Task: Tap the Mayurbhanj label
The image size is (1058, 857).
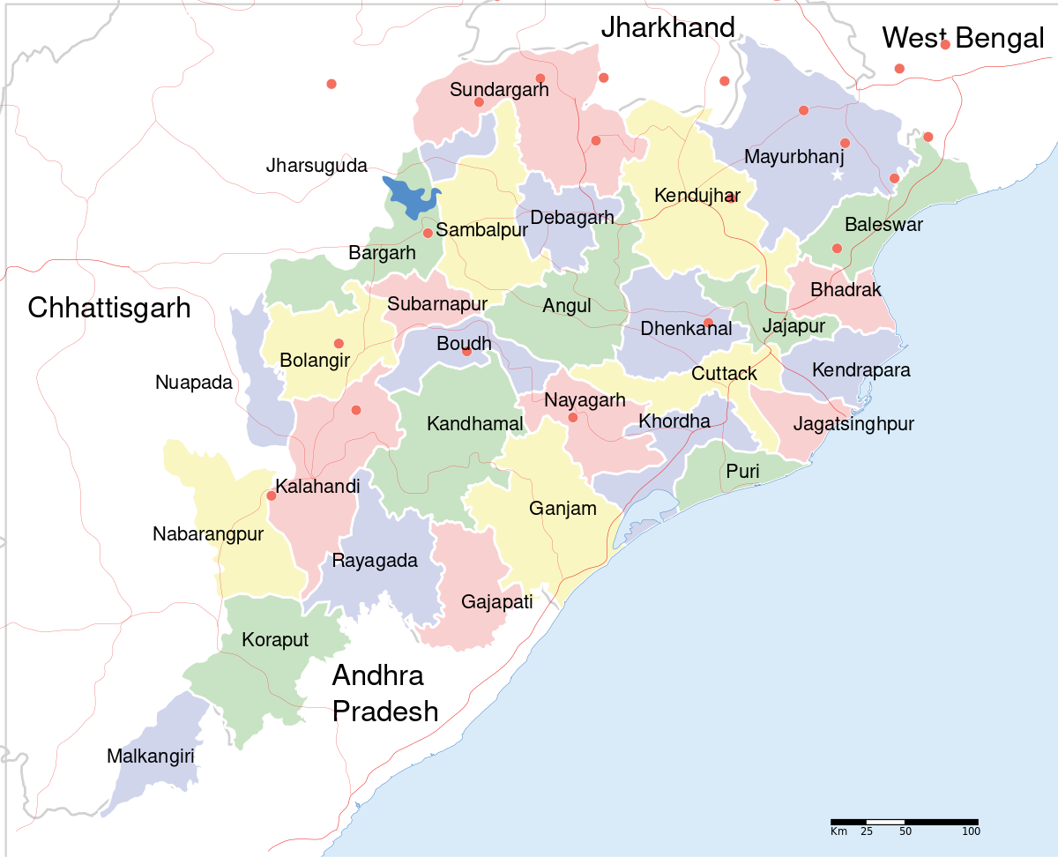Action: [x=794, y=157]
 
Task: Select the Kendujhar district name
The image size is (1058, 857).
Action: [x=697, y=196]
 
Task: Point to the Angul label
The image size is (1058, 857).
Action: [x=567, y=306]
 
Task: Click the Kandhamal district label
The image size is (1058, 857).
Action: [x=474, y=424]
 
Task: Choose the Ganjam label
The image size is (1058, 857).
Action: [x=563, y=508]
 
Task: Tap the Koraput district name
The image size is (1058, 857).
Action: [x=275, y=639]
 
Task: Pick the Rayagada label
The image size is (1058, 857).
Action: [x=375, y=560]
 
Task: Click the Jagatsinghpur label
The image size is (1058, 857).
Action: [x=853, y=424]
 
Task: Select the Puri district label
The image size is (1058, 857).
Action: [x=742, y=472]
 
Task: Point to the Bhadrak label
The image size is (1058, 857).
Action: [x=846, y=289]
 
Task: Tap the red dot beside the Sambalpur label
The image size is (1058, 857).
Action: [x=428, y=233]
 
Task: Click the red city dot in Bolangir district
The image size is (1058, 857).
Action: [x=339, y=344]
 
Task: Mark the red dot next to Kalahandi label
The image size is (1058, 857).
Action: [x=272, y=496]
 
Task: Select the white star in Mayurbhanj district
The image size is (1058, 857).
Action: [x=838, y=175]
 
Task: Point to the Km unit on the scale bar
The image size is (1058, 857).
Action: [x=838, y=831]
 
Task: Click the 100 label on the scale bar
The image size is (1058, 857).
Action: [x=970, y=831]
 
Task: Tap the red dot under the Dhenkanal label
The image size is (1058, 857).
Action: [x=708, y=322]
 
